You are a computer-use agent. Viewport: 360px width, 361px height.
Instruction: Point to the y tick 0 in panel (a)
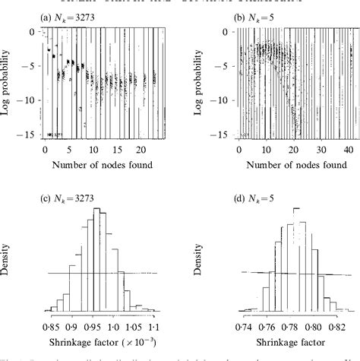pyautogui.click(x=33, y=32)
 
